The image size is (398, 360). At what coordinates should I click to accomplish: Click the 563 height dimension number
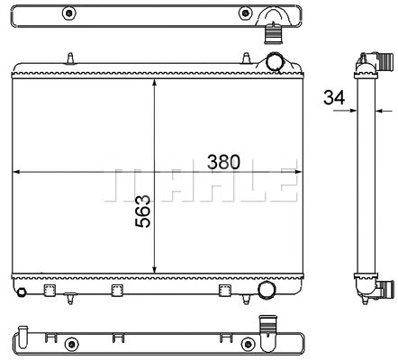click(141, 211)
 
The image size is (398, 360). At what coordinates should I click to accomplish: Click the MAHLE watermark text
click(200, 182)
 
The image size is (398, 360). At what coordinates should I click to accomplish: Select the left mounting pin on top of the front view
click(70, 59)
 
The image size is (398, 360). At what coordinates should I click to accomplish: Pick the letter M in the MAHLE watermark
click(124, 182)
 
